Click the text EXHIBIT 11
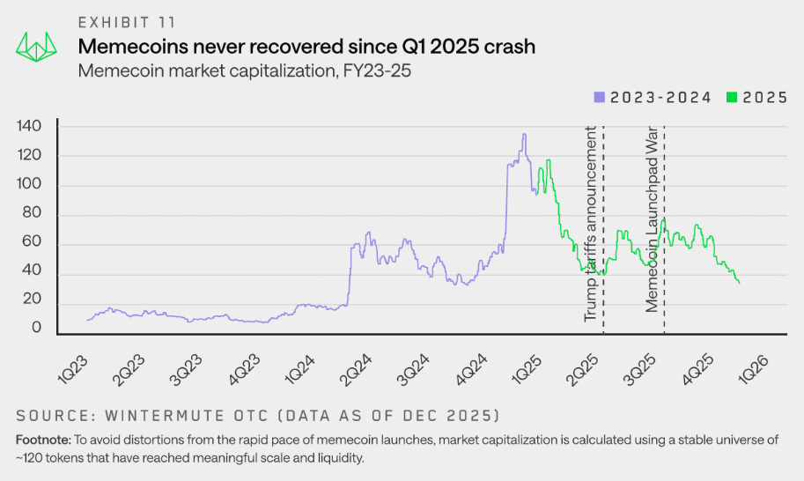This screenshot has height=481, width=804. point(125,22)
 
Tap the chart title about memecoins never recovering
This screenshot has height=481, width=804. point(306,47)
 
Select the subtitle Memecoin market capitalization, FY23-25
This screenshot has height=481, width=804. point(245,70)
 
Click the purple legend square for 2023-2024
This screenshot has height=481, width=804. point(599,98)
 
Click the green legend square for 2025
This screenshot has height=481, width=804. point(730,98)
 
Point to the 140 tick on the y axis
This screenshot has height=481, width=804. point(30,126)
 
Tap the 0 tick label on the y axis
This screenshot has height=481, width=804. point(38,329)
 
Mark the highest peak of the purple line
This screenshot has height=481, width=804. point(524,134)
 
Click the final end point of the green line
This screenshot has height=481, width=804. point(738,282)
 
